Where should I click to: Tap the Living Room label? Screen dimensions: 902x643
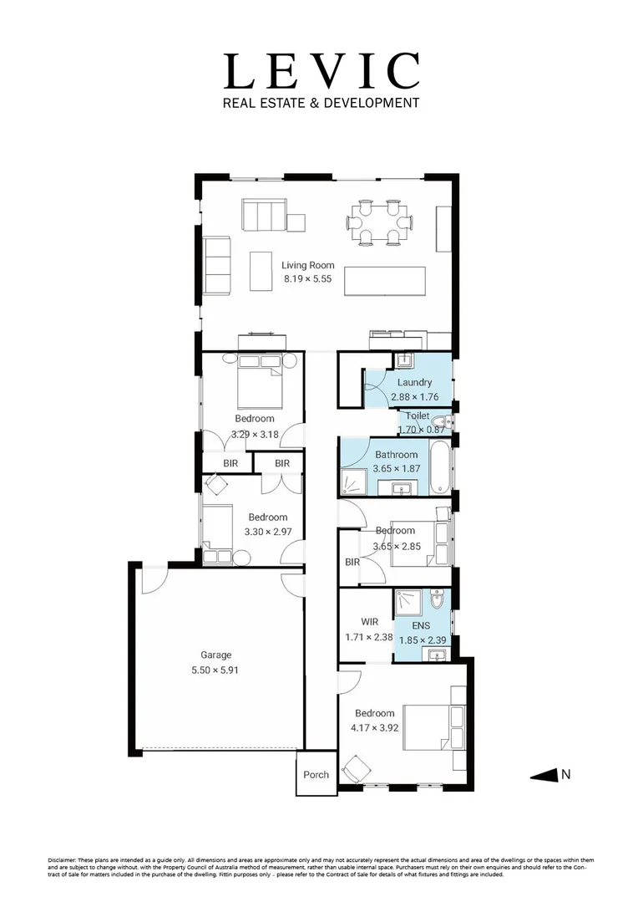[x=307, y=265]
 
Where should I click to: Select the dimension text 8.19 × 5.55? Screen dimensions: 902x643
[x=307, y=279]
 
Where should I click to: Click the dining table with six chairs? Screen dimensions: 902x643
[x=380, y=222]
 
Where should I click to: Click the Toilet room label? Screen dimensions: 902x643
[x=418, y=415]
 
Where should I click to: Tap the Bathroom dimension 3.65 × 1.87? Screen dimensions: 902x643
[x=396, y=469]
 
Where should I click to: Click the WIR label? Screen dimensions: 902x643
[x=370, y=622]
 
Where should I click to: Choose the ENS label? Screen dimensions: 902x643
[x=421, y=625]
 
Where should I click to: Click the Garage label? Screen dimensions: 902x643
[x=215, y=655]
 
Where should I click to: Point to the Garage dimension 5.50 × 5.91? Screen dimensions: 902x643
[x=215, y=670]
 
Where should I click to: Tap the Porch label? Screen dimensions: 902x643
[x=316, y=775]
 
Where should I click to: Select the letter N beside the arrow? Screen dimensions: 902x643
[x=565, y=775]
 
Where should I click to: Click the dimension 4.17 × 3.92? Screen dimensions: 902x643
[x=374, y=727]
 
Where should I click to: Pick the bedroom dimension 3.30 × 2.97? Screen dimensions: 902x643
[x=267, y=532]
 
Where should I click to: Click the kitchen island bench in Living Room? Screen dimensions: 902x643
[x=384, y=278]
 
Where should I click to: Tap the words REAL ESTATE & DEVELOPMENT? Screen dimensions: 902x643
[x=321, y=103]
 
